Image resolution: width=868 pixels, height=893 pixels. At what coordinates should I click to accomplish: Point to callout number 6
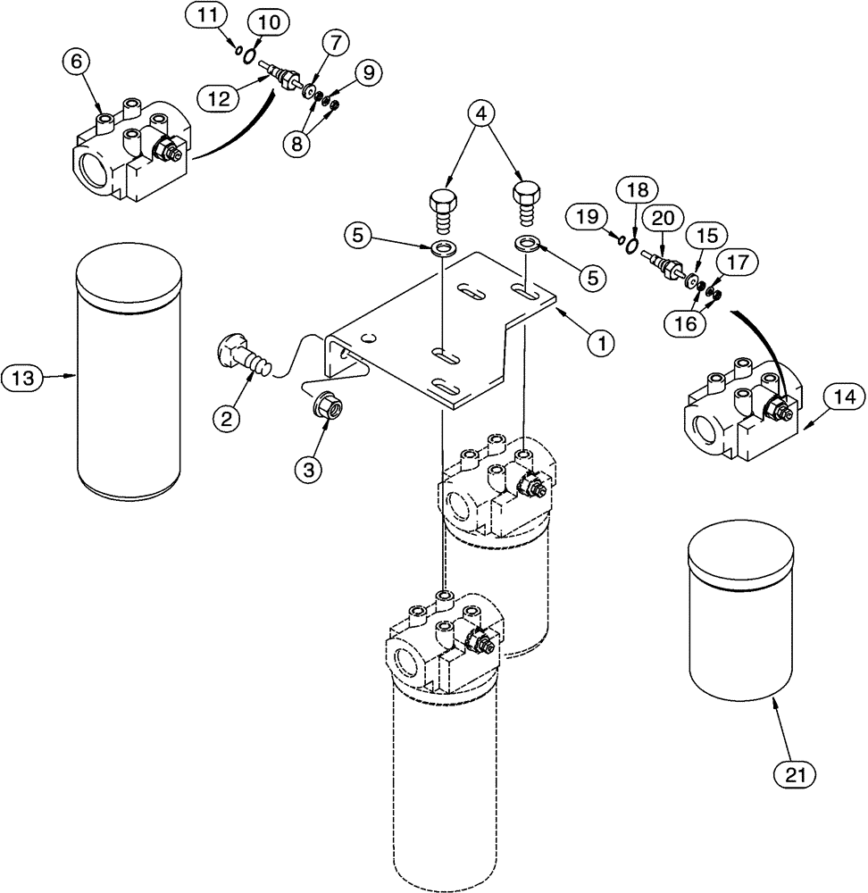[75, 62]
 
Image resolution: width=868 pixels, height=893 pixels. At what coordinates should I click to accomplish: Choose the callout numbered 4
[481, 115]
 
